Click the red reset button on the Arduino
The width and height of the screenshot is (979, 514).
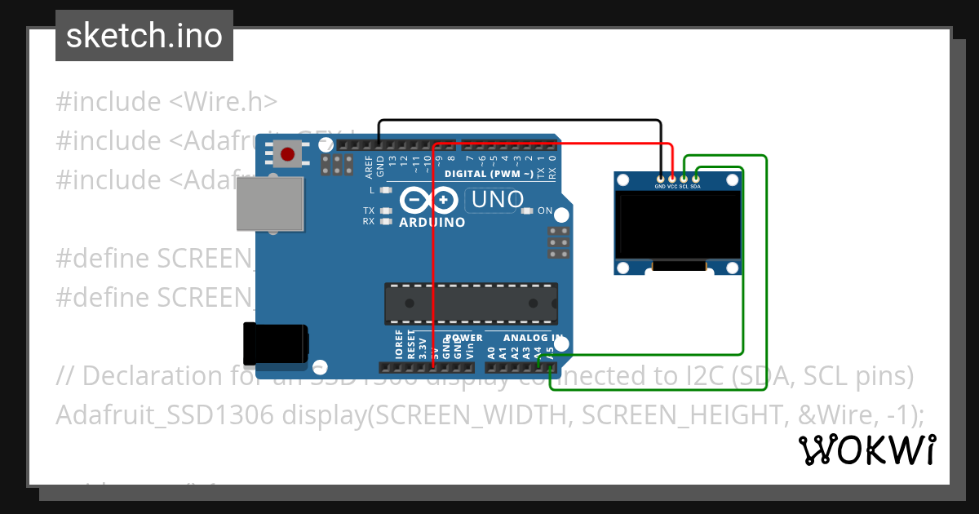point(286,154)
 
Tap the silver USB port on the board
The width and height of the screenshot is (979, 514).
point(270,205)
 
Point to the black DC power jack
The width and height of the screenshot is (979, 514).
point(277,343)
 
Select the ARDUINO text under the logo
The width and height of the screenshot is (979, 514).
point(432,222)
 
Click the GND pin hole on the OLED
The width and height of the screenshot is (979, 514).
point(660,178)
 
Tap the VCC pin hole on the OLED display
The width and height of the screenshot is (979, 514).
point(672,178)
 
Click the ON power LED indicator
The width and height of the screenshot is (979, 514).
point(527,211)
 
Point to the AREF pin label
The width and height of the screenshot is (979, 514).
point(370,166)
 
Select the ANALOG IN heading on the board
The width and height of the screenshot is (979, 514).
point(533,337)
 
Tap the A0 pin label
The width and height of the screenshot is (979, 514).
point(491,352)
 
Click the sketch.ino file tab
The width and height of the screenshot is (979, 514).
point(144,36)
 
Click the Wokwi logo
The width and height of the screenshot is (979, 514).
point(866,450)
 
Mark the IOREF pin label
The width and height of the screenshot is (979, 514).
point(399,346)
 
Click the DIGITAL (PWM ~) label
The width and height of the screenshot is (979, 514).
point(489,174)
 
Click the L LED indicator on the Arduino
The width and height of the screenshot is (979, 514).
point(384,189)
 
